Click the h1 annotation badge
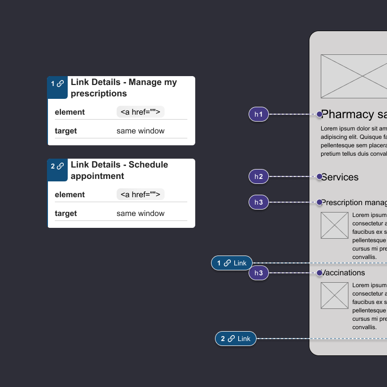point(258,115)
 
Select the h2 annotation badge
point(258,176)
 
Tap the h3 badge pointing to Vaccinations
point(258,273)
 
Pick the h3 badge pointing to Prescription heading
point(258,202)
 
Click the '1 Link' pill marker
point(232,263)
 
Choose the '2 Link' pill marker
point(236,339)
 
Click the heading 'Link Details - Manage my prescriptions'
point(124,88)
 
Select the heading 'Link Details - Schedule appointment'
point(119,171)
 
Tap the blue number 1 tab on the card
point(57,84)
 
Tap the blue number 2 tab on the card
point(57,167)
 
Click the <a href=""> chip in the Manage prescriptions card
point(140,112)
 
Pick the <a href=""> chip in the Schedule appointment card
point(140,195)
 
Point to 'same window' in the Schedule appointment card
point(140,214)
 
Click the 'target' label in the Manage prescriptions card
point(66,131)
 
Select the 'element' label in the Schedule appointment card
point(70,195)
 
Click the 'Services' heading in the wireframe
point(340,177)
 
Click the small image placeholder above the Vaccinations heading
point(335,225)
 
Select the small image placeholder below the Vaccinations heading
point(335,296)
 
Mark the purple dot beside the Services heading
point(319,176)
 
